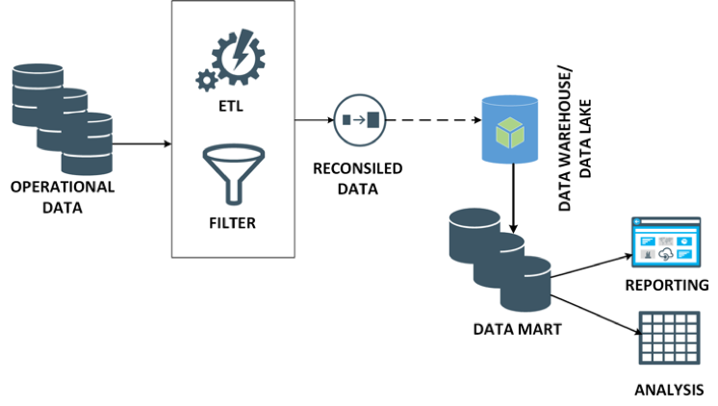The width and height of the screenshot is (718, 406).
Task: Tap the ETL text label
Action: coord(230,106)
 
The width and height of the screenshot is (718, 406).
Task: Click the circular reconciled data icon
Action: coord(357,121)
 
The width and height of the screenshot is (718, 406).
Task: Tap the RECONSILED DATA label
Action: coord(358,179)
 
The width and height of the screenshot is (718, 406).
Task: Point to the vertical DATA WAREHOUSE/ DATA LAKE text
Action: coord(576,136)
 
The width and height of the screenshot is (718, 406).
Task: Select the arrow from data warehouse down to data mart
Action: coord(515,197)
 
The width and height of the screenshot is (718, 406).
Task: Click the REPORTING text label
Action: coord(667,286)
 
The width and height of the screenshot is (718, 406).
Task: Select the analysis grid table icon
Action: coord(666,338)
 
